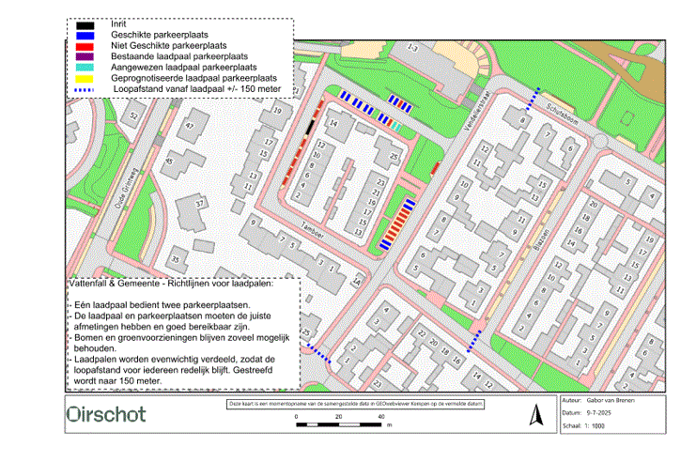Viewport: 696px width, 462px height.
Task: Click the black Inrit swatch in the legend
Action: point(85,24)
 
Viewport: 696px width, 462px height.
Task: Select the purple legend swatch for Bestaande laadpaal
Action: point(85,56)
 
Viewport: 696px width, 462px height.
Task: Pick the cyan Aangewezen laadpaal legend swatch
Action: point(85,68)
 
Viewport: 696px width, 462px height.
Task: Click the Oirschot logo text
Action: point(106,414)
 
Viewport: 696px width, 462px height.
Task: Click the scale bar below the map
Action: point(340,424)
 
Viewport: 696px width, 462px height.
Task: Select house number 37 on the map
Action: point(199,203)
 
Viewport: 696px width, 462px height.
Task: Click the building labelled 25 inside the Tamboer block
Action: point(394,155)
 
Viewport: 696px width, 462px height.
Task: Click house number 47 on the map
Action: point(190,126)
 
